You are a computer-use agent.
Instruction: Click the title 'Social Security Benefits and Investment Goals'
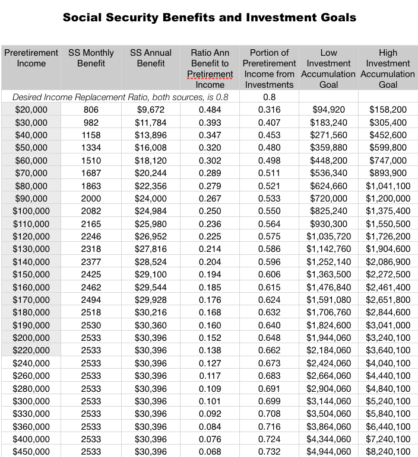pos(209,17)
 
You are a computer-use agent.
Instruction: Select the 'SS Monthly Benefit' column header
pos(91,58)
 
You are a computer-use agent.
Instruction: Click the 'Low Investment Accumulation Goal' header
pos(328,68)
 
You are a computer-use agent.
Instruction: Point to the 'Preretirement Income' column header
pos(31,58)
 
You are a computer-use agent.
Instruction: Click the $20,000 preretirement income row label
pos(31,109)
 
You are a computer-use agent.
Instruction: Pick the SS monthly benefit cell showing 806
pos(91,109)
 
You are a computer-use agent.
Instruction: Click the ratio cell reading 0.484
pos(210,109)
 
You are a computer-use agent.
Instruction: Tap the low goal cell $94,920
pos(328,109)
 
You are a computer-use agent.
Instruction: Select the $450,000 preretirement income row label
pos(31,452)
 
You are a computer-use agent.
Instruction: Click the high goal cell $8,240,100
pos(388,452)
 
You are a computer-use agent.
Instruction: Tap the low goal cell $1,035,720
pos(328,236)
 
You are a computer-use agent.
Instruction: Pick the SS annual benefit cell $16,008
pos(151,147)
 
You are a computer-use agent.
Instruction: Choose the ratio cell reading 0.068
pos(210,452)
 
